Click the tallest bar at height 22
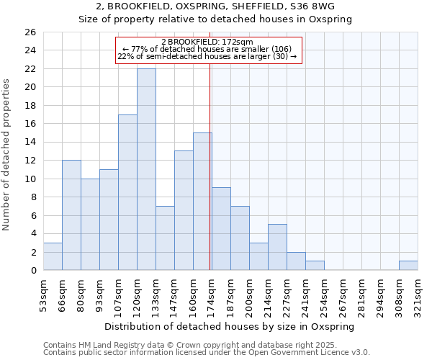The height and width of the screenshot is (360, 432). (146, 169)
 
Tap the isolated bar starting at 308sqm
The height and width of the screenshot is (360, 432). (408, 266)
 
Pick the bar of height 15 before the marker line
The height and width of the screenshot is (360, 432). (202, 202)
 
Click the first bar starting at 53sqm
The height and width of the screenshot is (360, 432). (53, 256)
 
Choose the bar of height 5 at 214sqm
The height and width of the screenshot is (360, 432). (277, 247)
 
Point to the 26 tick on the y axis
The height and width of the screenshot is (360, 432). (30, 32)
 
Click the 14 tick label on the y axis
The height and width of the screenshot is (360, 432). (30, 143)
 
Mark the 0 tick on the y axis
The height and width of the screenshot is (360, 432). (32, 271)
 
